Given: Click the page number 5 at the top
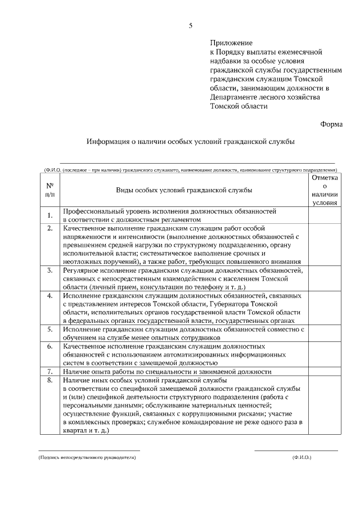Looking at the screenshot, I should (190, 26).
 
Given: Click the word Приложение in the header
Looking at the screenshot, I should (231, 43).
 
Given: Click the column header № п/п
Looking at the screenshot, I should (49, 190).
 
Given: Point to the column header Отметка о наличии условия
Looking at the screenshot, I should (325, 190).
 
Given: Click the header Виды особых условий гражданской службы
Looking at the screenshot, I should (184, 190).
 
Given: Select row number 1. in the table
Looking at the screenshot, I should (49, 215).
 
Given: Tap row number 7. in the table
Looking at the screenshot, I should (49, 371).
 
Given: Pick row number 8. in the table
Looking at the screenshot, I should (49, 381).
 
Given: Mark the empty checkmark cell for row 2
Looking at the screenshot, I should (325, 245).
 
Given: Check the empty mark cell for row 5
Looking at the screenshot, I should (325, 333).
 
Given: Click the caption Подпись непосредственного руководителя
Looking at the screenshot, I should (87, 458).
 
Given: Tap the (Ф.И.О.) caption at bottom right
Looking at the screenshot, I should (301, 458).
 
